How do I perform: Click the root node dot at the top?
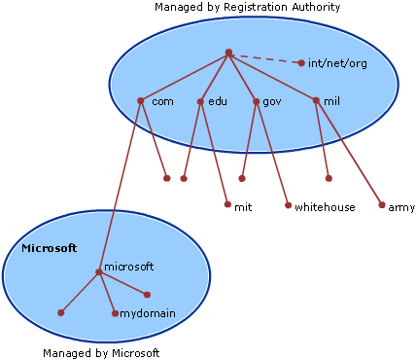[x=227, y=53]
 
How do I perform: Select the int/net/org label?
[x=336, y=63]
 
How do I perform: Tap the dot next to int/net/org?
[x=301, y=63]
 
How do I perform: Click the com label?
[x=162, y=101]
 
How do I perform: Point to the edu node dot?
[x=200, y=101]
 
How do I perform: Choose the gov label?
[x=271, y=101]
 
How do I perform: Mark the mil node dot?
[x=316, y=100]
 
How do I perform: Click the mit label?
[x=243, y=206]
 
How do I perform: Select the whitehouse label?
[x=325, y=206]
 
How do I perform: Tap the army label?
[x=401, y=206]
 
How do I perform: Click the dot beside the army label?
[x=382, y=205]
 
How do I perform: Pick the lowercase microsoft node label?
[x=129, y=266]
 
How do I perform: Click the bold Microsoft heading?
[x=49, y=248]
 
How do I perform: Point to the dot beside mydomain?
[x=115, y=313]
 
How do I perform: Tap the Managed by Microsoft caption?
[x=101, y=353]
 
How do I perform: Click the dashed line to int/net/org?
[x=264, y=58]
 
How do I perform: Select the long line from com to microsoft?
[x=121, y=185]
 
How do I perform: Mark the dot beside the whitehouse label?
[x=288, y=205]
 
